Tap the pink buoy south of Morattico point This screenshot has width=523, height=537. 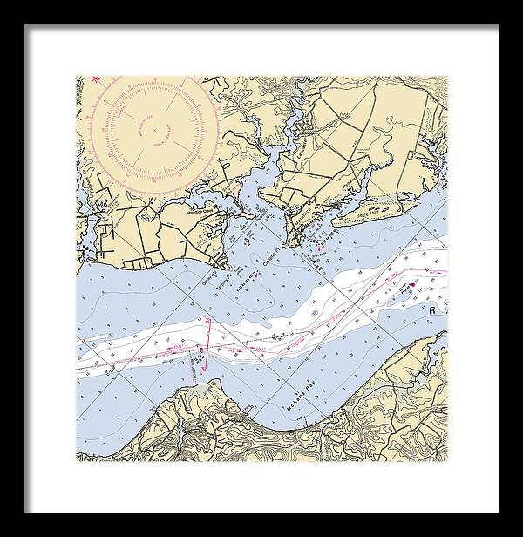[319, 253]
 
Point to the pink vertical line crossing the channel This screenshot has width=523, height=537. [208, 344]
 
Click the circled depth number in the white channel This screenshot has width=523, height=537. [275, 334]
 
